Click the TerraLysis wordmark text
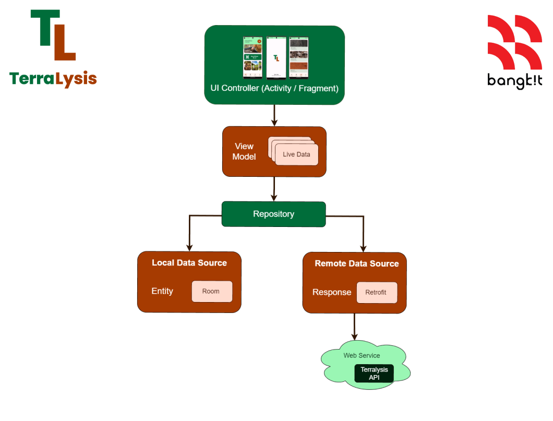[x=53, y=79]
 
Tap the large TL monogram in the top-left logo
[x=53, y=35]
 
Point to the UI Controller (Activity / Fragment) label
[x=274, y=89]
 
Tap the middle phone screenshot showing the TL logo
[x=276, y=57]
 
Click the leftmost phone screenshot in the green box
[x=253, y=57]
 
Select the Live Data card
[x=296, y=154]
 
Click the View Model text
[x=244, y=151]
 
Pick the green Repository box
[x=273, y=214]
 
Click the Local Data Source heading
[x=189, y=262]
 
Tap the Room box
[x=211, y=291]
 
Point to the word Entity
[x=162, y=291]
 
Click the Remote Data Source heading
[x=356, y=263]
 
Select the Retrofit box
[x=377, y=292]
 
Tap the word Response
[x=332, y=292]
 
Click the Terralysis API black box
[x=374, y=374]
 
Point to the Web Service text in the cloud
[x=362, y=355]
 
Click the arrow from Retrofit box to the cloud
[x=355, y=326]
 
